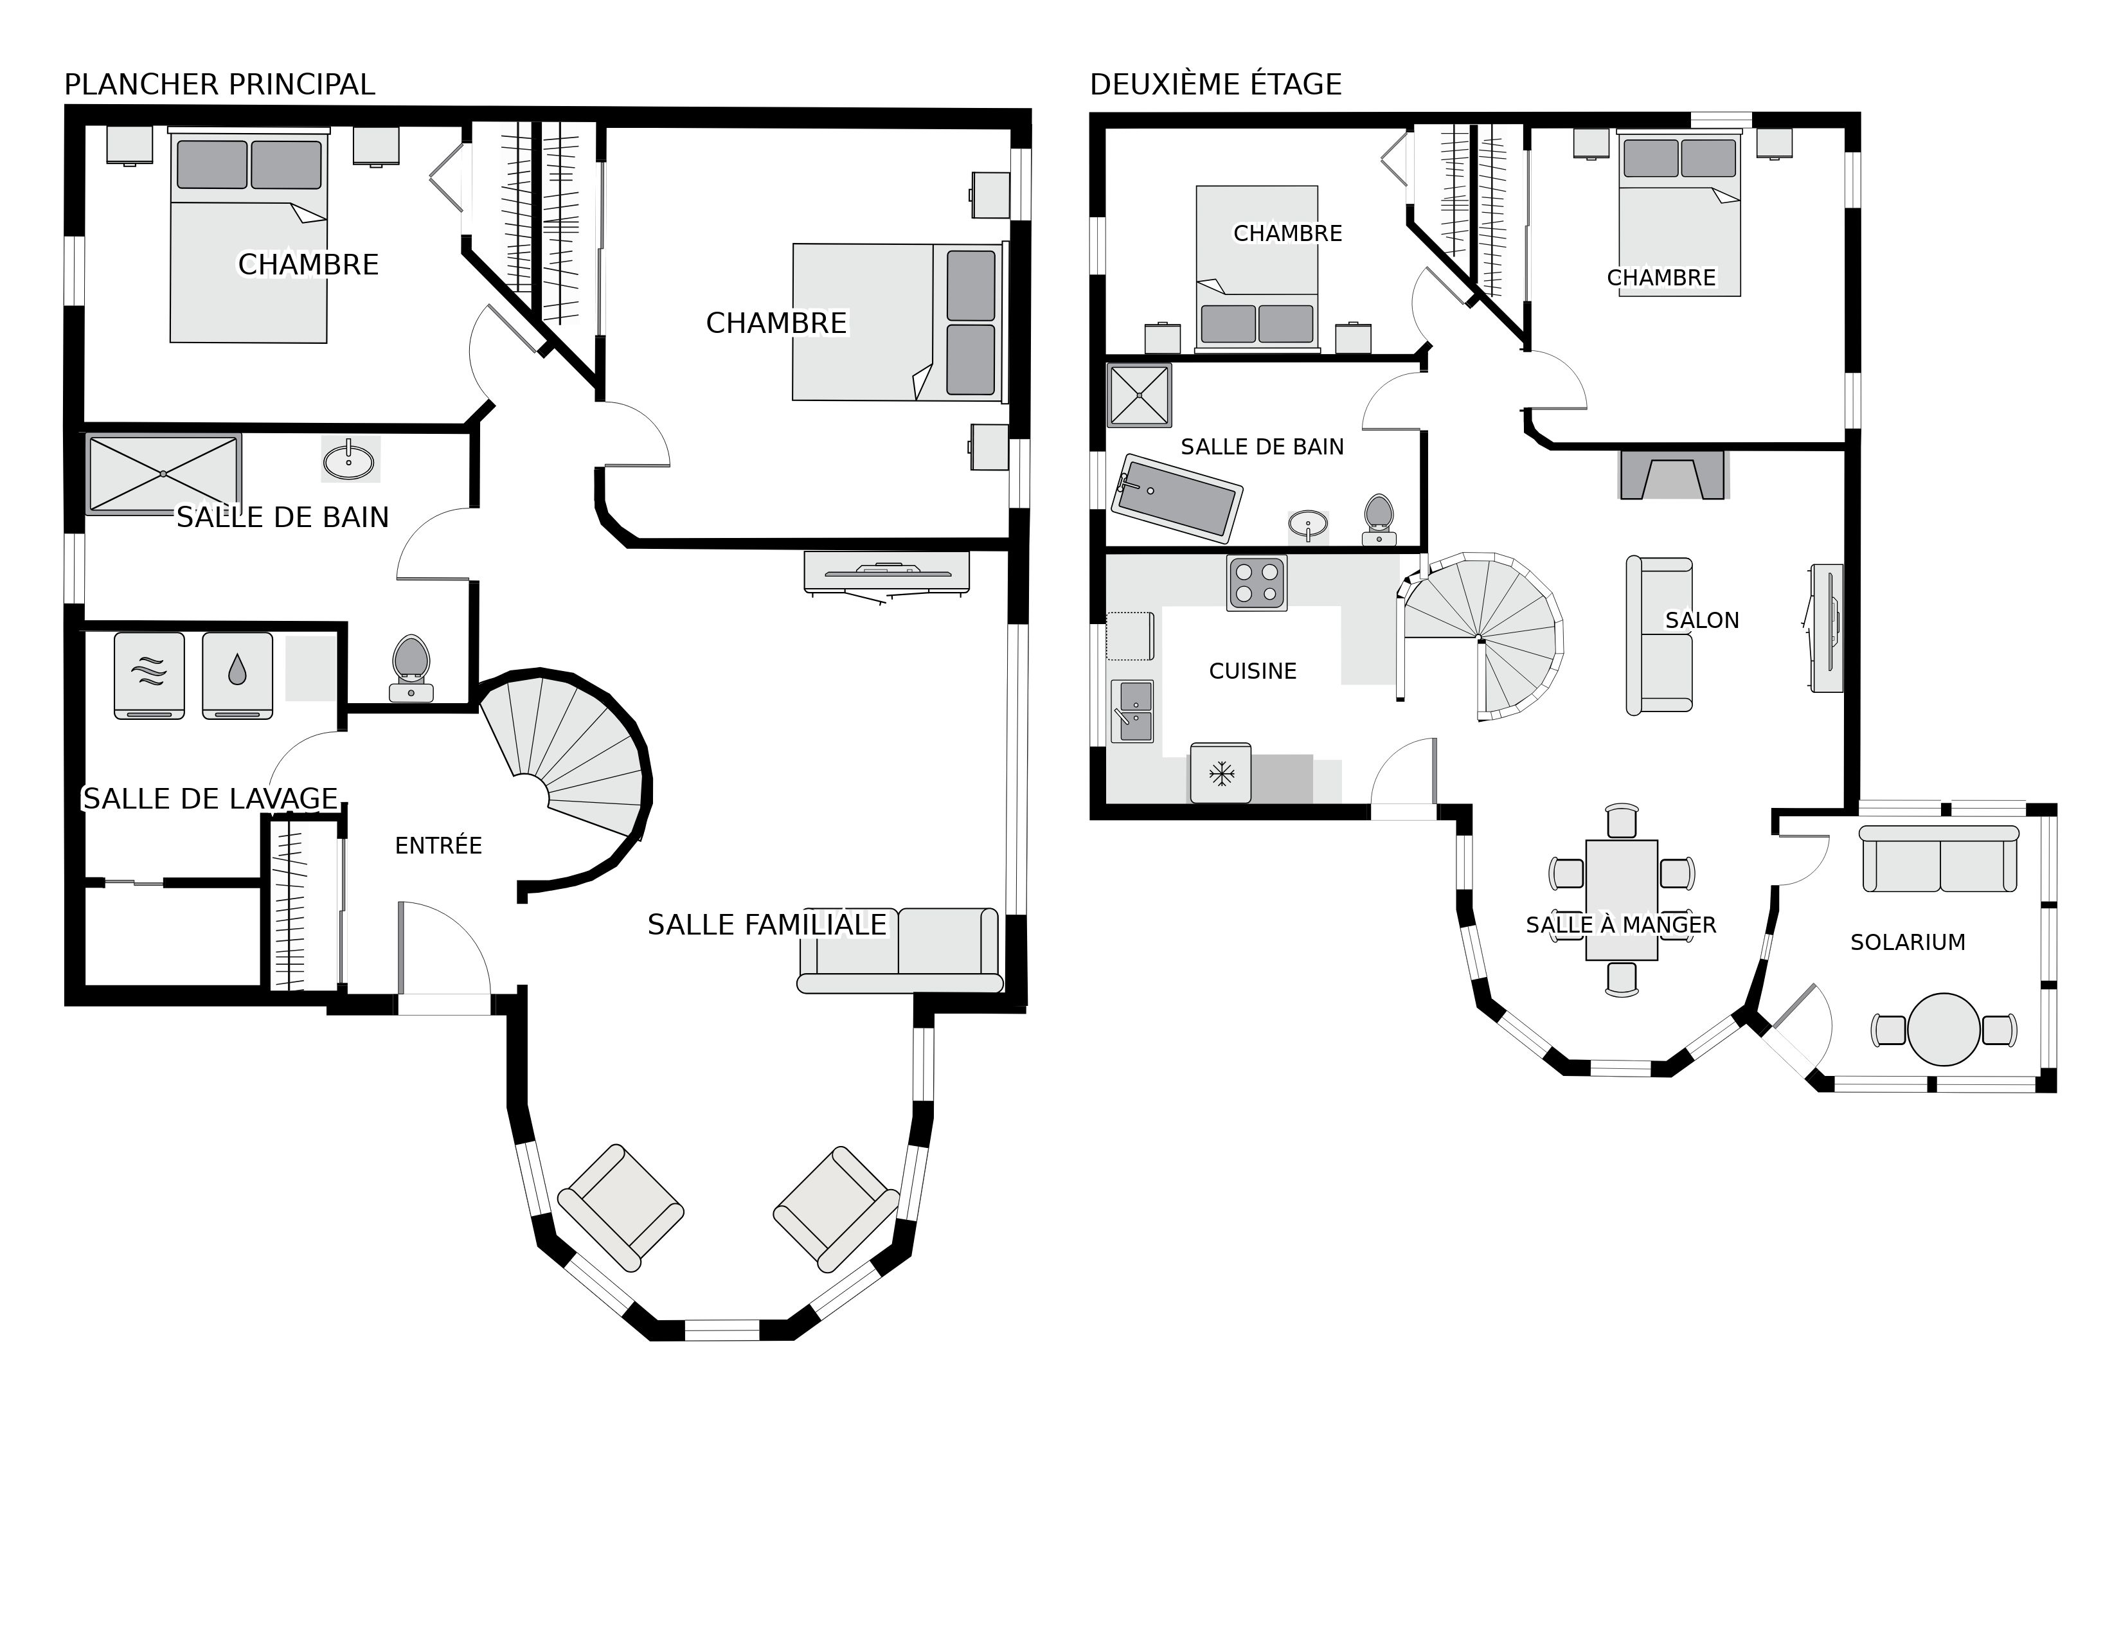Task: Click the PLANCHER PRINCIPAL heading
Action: click(x=219, y=84)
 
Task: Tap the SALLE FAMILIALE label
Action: click(x=766, y=924)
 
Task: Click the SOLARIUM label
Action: click(x=1908, y=942)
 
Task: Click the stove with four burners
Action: click(x=1257, y=582)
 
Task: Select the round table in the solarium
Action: click(x=1943, y=1029)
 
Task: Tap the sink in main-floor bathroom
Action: click(x=348, y=460)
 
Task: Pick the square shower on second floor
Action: click(x=1139, y=395)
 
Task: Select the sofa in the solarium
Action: click(x=1939, y=859)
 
